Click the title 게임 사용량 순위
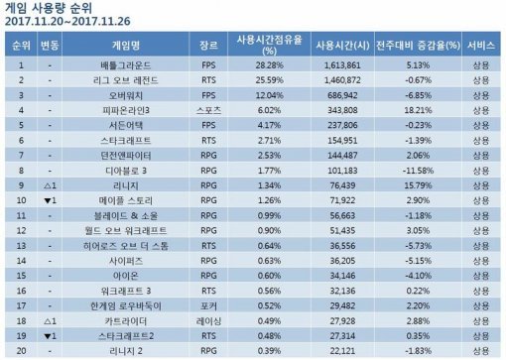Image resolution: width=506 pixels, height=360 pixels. (50, 9)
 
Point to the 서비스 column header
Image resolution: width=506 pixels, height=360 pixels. (483, 46)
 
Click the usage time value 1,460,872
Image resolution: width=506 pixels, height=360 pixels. (338, 79)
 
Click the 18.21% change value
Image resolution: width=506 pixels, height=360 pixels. (422, 109)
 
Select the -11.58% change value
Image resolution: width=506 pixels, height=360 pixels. (422, 169)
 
